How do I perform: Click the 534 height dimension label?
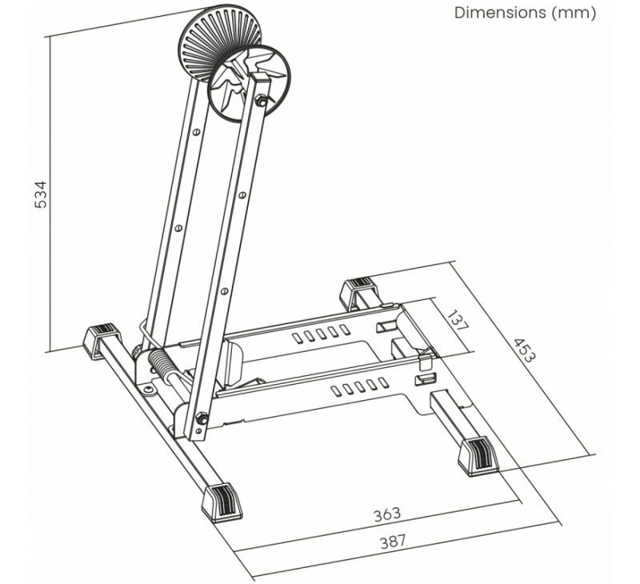(42, 194)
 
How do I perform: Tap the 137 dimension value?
(458, 320)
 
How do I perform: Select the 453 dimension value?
(523, 350)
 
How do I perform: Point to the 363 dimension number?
(387, 514)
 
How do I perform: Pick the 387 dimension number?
(394, 542)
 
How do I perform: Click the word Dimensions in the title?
(500, 12)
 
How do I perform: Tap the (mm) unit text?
(574, 13)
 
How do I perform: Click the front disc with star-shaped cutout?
(250, 84)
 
